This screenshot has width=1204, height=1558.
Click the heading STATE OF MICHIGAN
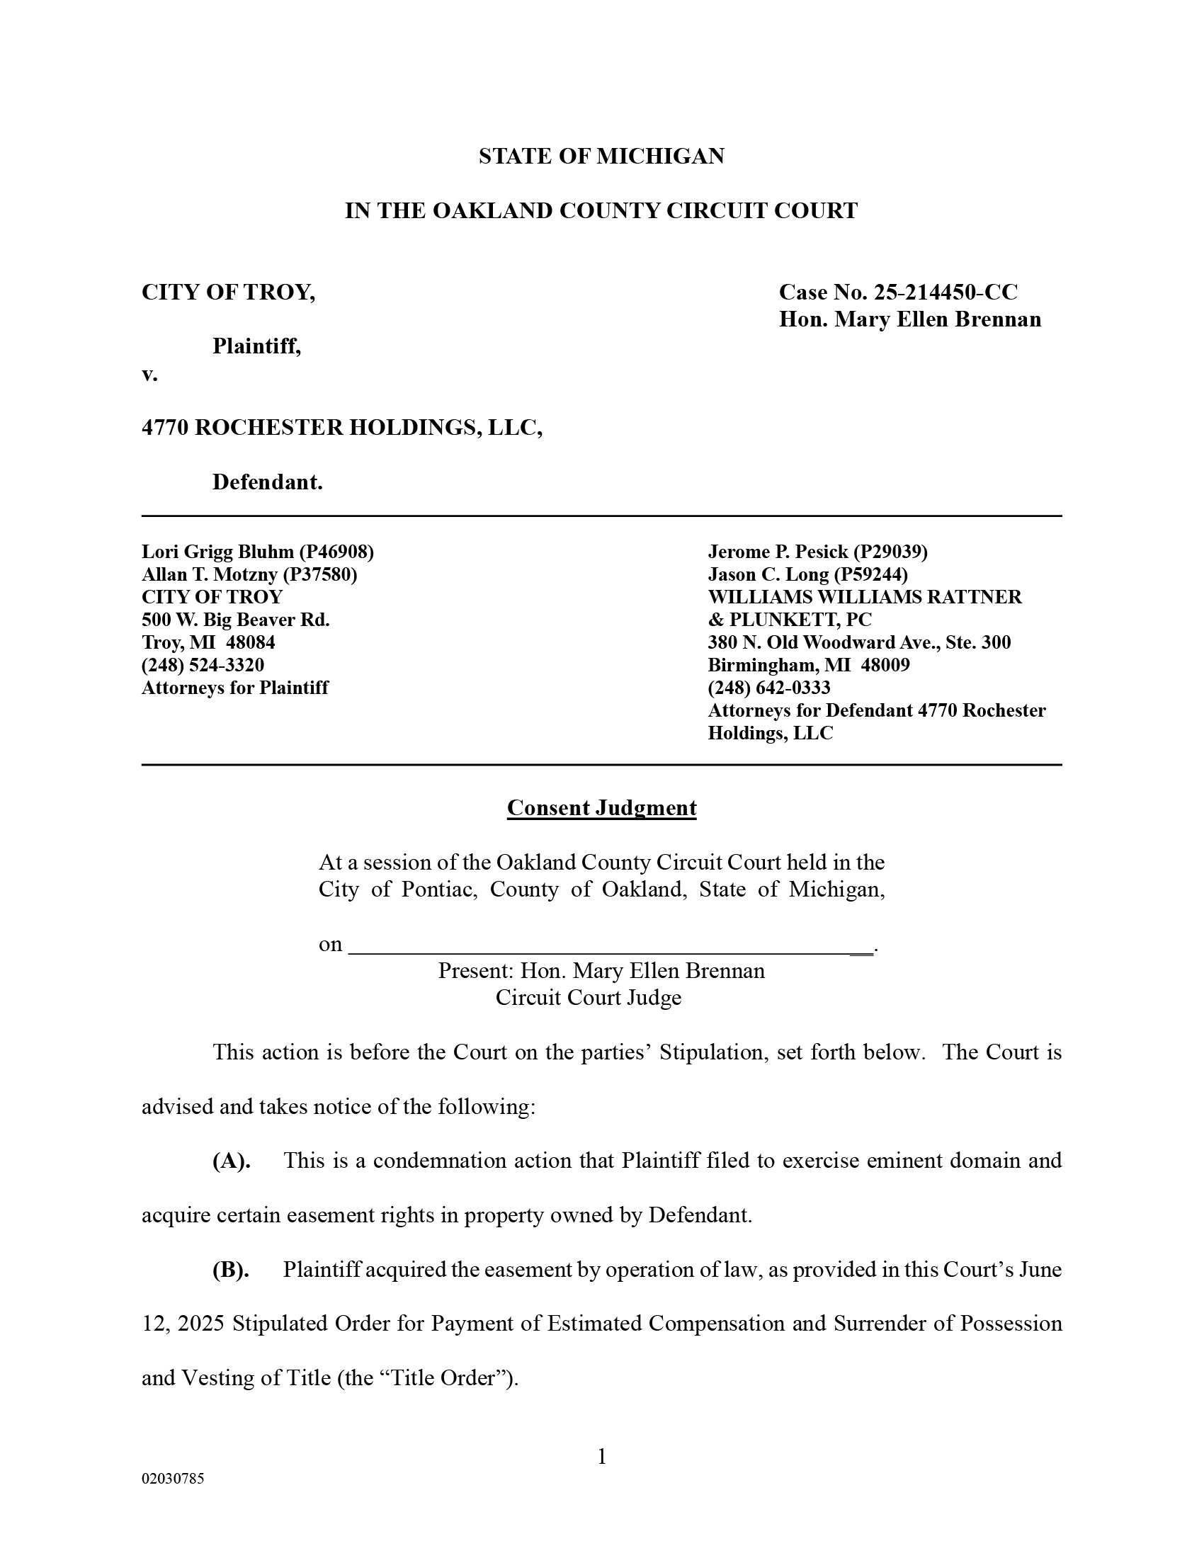tap(601, 157)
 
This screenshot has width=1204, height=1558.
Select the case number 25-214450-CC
tap(945, 292)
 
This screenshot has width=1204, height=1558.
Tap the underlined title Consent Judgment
tap(601, 807)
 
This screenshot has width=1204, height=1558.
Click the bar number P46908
tap(336, 552)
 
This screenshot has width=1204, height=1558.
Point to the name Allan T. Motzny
tap(209, 574)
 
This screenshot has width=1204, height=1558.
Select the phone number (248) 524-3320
tap(203, 665)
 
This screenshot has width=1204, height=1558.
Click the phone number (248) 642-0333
tap(769, 688)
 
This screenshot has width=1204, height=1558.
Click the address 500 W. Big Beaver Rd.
tap(235, 619)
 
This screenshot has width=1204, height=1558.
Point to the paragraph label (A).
tap(231, 1161)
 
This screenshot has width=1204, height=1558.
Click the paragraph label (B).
tap(231, 1270)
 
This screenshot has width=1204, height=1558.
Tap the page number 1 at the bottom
tap(601, 1457)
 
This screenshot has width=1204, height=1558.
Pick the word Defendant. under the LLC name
tap(268, 482)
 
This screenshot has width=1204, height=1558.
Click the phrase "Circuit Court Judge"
tap(589, 997)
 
